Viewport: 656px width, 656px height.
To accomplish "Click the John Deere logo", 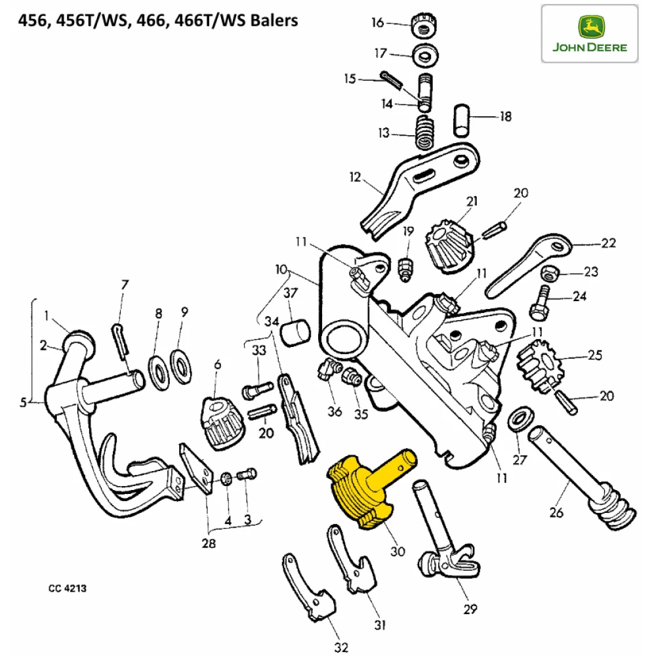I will coord(590,33).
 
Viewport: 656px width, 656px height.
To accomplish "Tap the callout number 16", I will coord(378,23).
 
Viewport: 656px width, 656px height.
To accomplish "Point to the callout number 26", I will coord(556,513).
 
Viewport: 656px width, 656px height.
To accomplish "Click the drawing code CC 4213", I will coord(67,588).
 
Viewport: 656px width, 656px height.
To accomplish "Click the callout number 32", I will coord(341,648).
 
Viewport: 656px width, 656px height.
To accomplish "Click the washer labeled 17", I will coord(427,56).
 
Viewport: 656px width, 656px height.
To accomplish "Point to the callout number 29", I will coord(470,610).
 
